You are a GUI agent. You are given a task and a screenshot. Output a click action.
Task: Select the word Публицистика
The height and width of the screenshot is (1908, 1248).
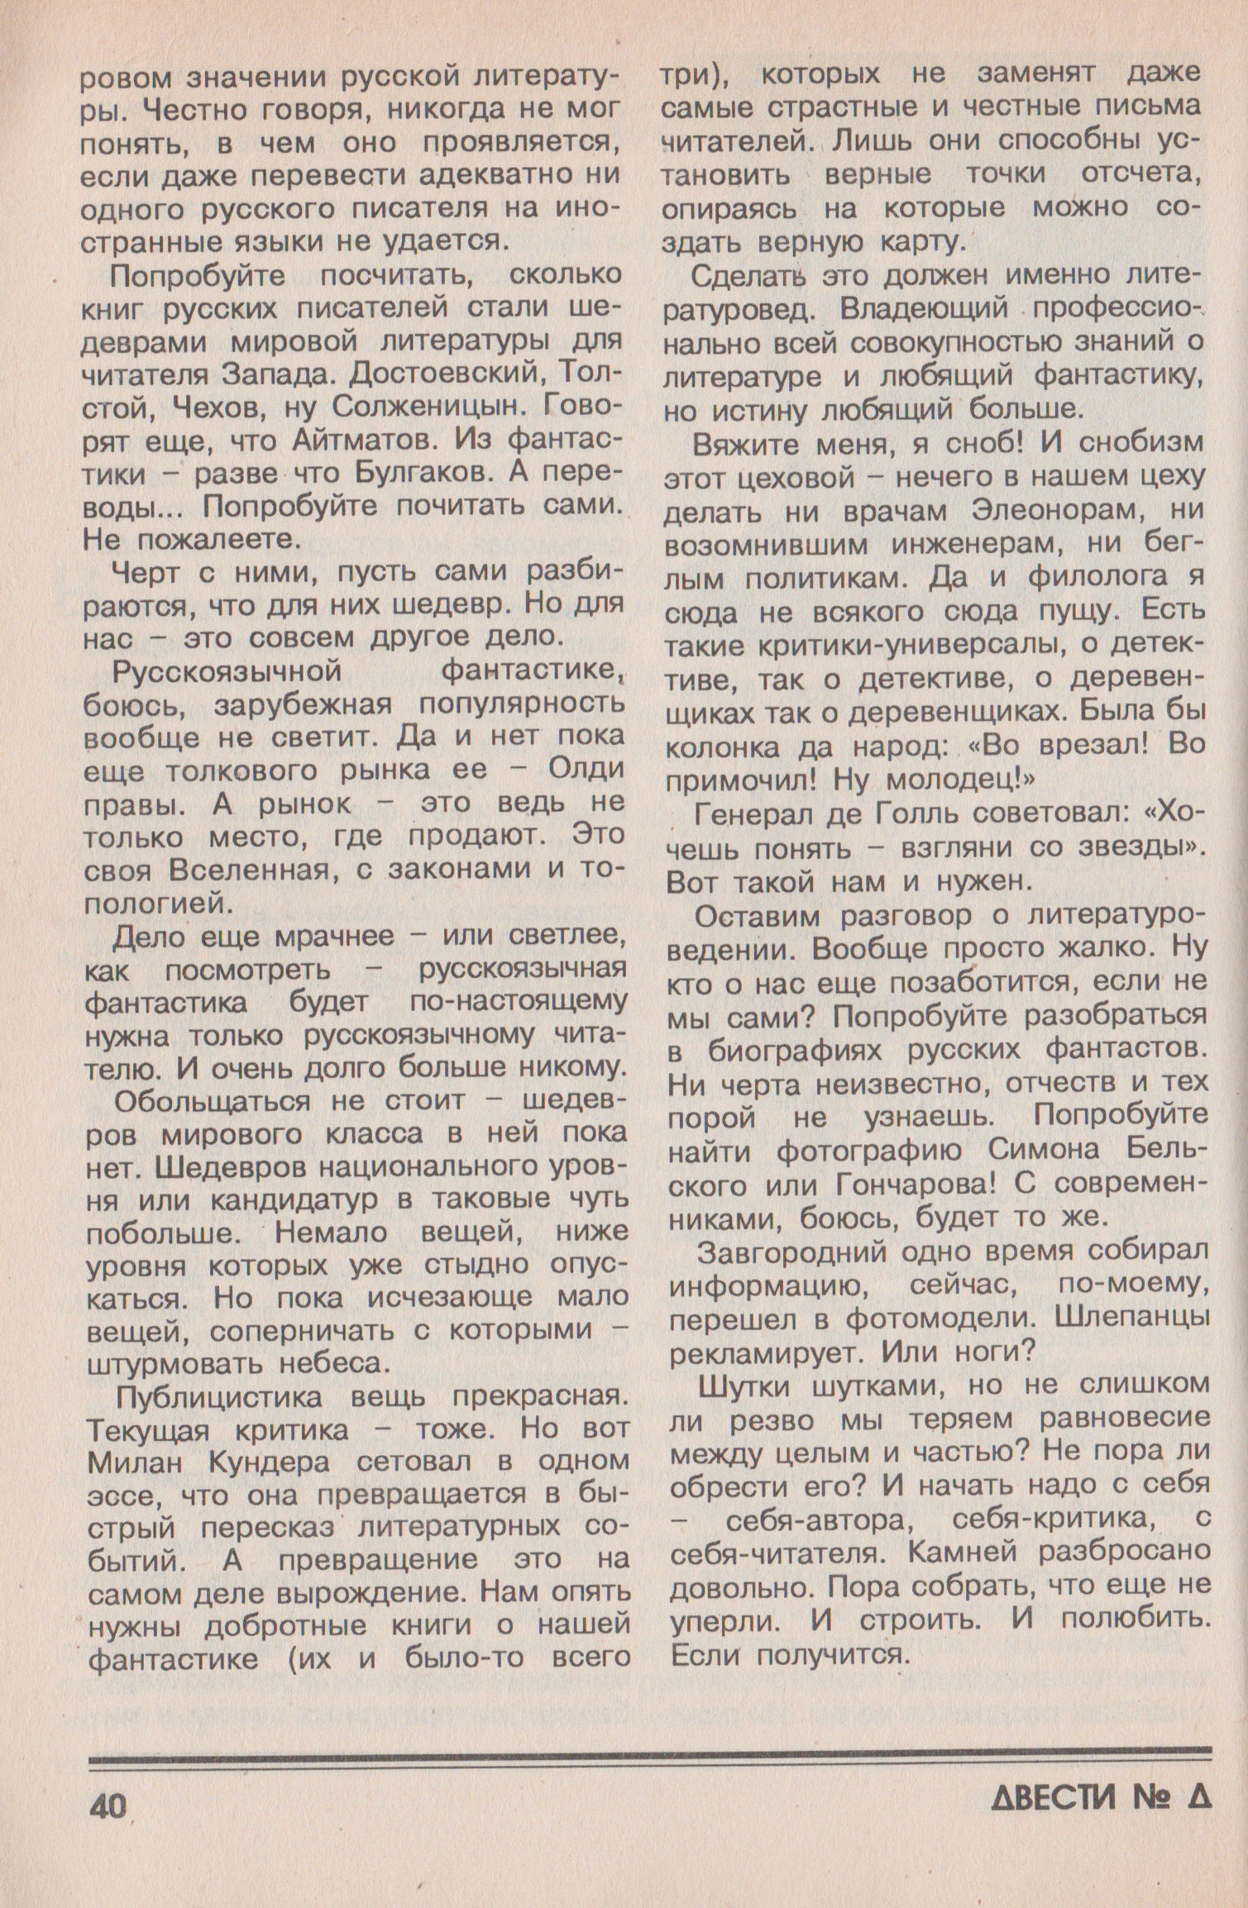point(225,1395)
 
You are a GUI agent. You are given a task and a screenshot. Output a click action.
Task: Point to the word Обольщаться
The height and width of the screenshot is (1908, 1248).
point(213,1102)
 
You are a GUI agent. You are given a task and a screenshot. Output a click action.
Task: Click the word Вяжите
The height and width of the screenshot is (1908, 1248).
point(750,444)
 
